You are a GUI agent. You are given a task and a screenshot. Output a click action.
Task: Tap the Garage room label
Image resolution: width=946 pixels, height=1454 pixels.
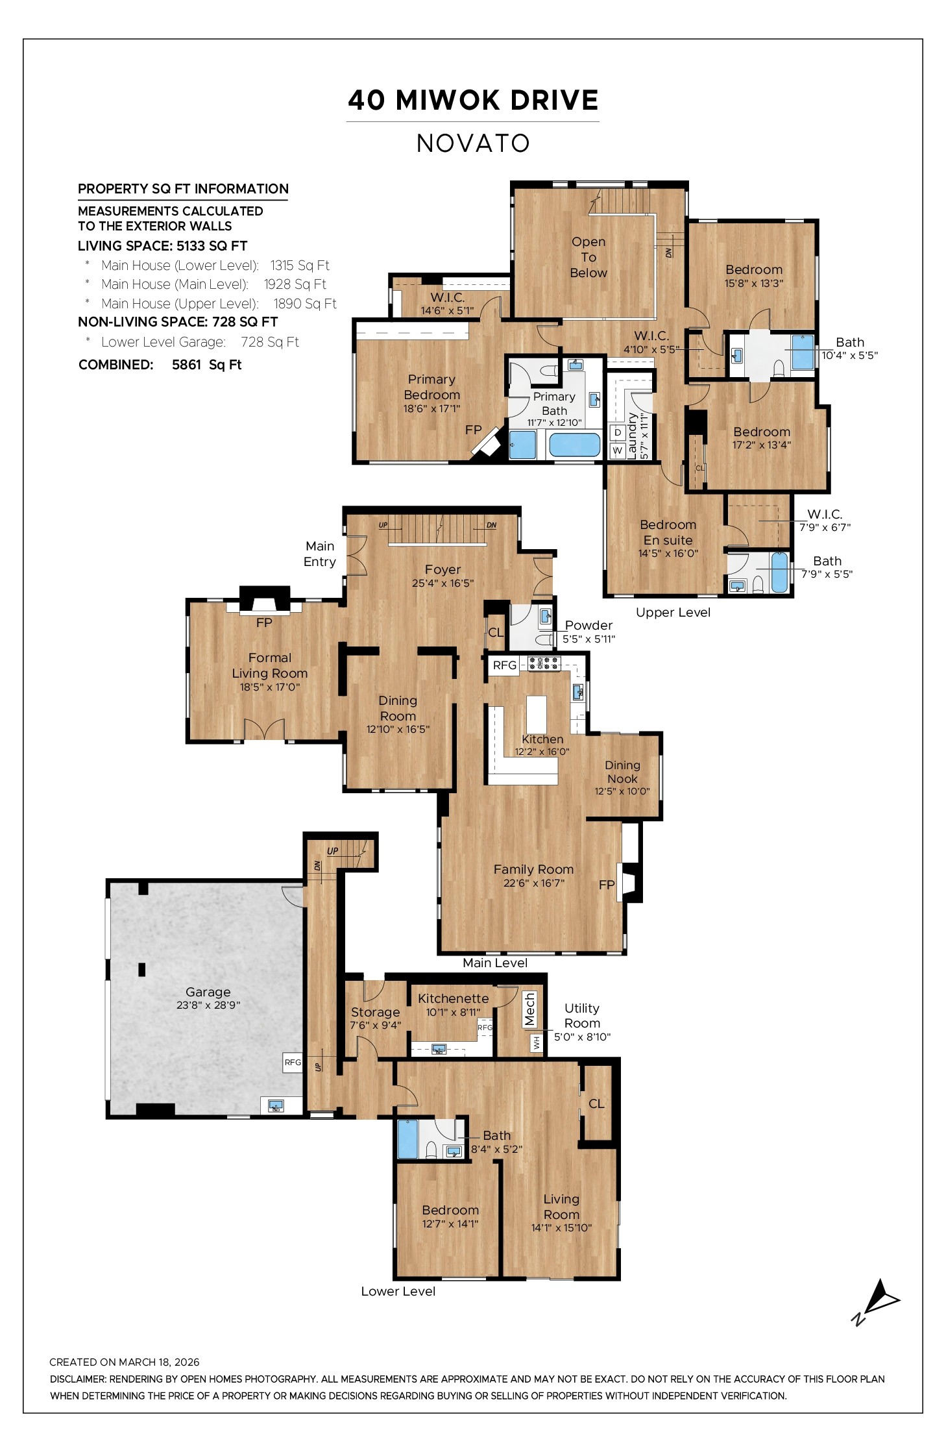tap(208, 991)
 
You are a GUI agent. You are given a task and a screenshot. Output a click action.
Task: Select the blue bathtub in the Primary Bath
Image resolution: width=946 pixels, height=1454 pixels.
tap(574, 445)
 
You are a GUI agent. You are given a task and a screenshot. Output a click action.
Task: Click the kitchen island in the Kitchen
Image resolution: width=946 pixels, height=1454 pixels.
tap(536, 714)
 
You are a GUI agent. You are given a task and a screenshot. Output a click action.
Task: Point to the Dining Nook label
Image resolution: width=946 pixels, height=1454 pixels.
tap(622, 772)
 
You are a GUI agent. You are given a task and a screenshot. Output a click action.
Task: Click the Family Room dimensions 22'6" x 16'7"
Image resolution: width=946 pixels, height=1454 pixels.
tap(533, 883)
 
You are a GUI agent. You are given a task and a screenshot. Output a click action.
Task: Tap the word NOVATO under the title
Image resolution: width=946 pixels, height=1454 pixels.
tap(473, 143)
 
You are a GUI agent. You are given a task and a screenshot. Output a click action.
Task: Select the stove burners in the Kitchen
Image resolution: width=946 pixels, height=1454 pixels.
tap(544, 663)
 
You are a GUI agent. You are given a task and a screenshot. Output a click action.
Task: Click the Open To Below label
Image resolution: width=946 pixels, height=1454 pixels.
tap(588, 257)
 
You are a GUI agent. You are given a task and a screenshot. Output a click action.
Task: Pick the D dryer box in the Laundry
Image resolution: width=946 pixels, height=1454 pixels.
tap(618, 432)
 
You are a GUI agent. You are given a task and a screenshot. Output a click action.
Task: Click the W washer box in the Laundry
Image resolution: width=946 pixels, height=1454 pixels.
tap(618, 450)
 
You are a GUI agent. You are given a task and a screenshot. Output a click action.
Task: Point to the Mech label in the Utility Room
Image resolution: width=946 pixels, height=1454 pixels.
tap(529, 1009)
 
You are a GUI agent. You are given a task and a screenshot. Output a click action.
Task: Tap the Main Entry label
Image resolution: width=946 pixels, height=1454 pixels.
tap(320, 554)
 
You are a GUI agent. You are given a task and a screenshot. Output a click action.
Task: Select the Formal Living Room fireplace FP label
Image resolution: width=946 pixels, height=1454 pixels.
tap(264, 622)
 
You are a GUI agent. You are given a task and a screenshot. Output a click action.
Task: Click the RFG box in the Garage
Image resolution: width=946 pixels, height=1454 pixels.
tap(293, 1062)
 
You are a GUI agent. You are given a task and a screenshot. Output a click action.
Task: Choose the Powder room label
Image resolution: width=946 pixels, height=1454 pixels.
tap(588, 625)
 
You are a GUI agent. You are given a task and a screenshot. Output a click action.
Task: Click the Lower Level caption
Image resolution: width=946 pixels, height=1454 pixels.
tap(398, 1291)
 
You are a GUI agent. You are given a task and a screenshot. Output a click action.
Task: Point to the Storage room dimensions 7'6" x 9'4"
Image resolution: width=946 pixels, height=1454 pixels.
tap(375, 1025)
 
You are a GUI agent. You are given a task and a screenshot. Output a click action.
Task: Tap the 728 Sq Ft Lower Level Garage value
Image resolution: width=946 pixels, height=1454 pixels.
tap(269, 342)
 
